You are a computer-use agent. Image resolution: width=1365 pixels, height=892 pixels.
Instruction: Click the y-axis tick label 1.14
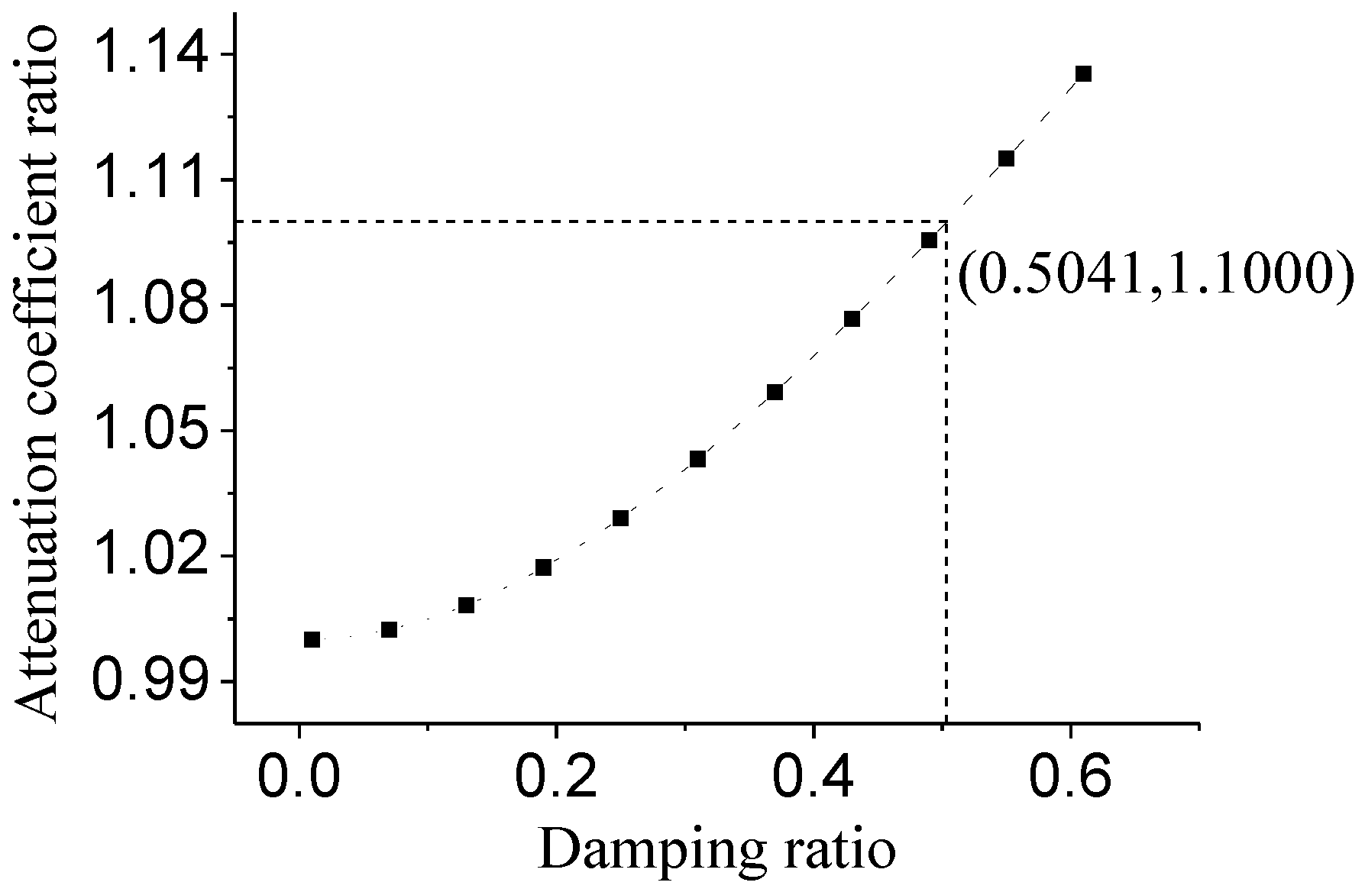(x=151, y=55)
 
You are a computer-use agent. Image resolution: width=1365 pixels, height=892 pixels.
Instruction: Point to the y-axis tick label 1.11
(x=151, y=180)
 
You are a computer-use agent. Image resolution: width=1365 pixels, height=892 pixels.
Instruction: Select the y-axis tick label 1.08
(x=151, y=305)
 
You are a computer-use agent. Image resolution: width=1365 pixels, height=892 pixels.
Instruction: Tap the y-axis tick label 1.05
(x=151, y=431)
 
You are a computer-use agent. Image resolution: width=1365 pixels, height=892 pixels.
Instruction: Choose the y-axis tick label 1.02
(x=151, y=556)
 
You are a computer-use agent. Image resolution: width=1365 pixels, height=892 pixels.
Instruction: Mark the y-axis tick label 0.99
(x=151, y=681)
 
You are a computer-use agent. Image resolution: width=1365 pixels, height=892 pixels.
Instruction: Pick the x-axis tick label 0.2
(x=556, y=778)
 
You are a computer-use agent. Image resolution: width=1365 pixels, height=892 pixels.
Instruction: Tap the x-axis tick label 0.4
(x=814, y=778)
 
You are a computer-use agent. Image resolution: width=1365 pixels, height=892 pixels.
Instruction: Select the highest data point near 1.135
(x=1083, y=74)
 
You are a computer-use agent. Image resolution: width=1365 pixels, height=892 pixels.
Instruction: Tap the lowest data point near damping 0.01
(x=312, y=640)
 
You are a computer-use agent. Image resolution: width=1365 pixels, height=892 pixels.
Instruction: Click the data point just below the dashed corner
(x=929, y=241)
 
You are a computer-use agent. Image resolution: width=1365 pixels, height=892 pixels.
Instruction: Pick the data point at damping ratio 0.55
(x=1006, y=159)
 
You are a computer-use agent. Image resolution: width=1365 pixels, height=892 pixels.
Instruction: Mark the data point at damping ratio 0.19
(x=543, y=567)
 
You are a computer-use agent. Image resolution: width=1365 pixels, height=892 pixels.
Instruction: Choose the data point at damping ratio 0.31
(x=697, y=459)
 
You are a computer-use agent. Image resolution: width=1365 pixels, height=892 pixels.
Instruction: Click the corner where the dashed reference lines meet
(x=946, y=222)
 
